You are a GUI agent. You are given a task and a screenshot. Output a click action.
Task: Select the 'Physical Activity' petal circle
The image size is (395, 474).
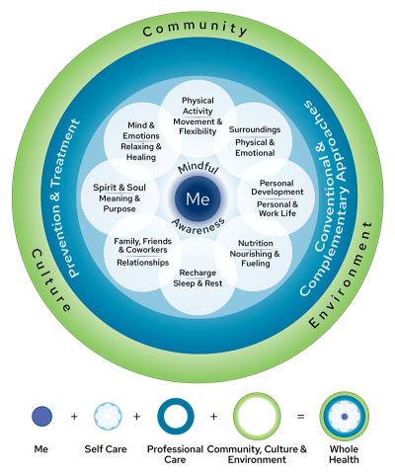tap(197, 117)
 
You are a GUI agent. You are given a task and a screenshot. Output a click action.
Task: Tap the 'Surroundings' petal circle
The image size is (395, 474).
tap(255, 138)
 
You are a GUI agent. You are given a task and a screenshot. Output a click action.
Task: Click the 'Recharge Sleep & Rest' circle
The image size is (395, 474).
tap(197, 278)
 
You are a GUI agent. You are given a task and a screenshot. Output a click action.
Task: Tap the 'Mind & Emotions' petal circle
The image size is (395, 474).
tap(142, 138)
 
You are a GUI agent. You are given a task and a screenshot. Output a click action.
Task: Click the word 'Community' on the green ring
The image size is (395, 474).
tap(196, 29)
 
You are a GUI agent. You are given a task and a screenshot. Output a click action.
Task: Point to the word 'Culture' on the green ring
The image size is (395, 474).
tap(50, 280)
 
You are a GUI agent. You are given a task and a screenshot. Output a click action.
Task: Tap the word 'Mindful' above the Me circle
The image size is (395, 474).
tap(197, 170)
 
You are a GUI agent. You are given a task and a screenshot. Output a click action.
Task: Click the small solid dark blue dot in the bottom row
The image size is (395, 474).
tap(41, 416)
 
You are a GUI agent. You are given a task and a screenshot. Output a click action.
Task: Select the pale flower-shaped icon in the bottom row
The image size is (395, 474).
tap(108, 416)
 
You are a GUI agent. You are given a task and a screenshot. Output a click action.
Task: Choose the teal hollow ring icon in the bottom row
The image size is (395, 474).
tap(176, 416)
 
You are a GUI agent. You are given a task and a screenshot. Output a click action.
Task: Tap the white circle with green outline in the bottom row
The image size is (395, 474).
tap(257, 416)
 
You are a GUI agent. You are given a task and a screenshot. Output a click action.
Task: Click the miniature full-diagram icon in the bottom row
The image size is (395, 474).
tap(344, 416)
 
